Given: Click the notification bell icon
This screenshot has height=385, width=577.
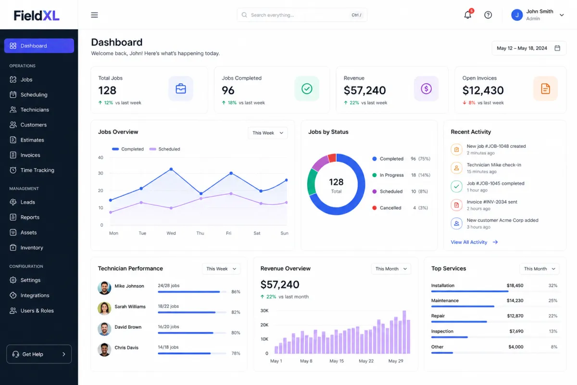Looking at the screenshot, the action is click(x=467, y=15).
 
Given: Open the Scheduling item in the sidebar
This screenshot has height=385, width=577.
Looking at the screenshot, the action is click(x=34, y=95).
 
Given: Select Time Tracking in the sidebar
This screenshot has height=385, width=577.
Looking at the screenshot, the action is click(x=37, y=170).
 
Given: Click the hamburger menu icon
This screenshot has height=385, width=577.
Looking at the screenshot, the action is click(x=94, y=15).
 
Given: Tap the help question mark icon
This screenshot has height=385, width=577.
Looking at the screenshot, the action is click(x=488, y=15).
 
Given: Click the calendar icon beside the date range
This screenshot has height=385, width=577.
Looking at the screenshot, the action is click(x=557, y=48).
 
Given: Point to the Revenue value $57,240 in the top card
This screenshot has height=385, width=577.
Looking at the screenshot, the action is click(x=365, y=90).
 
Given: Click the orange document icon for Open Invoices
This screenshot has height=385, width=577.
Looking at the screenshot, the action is click(x=545, y=89).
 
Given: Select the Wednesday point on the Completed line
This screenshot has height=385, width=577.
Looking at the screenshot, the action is click(x=171, y=169).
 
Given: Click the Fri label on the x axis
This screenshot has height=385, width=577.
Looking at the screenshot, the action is click(x=228, y=233).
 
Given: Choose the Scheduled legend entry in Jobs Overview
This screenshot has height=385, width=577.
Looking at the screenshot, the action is click(x=165, y=149).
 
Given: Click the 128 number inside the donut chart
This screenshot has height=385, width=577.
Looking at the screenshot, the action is click(x=336, y=182).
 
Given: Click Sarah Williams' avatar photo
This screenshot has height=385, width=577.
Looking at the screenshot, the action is click(x=104, y=308).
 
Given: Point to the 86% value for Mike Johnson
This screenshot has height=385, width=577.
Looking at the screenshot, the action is click(x=236, y=292).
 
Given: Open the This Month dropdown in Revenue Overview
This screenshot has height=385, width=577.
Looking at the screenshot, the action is click(x=391, y=269).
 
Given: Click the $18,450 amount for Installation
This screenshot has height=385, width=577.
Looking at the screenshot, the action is click(x=515, y=285).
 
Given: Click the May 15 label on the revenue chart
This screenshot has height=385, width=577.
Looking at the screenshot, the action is click(x=337, y=361).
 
